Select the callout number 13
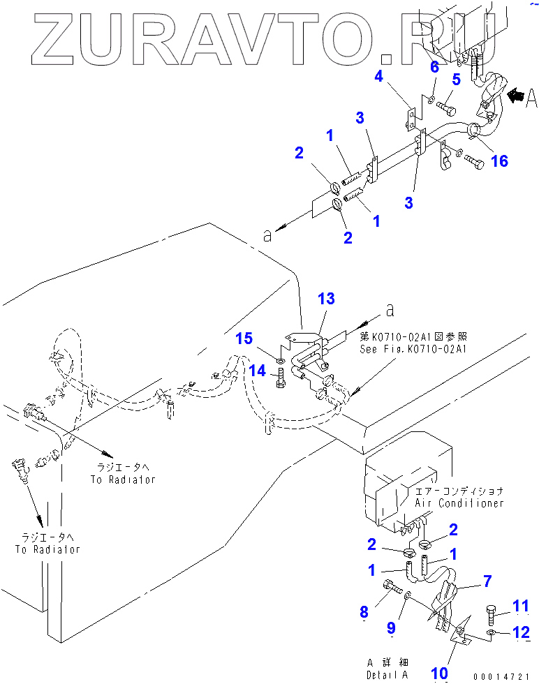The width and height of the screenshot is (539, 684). pyautogui.click(x=326, y=299)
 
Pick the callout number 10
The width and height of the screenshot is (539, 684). pyautogui.click(x=439, y=672)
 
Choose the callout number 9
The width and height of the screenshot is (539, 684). pyautogui.click(x=391, y=629)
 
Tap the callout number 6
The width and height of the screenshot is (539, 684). pyautogui.click(x=434, y=67)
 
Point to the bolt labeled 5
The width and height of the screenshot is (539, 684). pyautogui.click(x=446, y=108)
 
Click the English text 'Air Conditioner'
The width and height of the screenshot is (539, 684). pyautogui.click(x=459, y=503)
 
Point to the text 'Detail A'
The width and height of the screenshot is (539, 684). pyautogui.click(x=387, y=674)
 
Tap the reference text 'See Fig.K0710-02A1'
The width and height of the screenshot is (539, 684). pyautogui.click(x=413, y=349)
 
